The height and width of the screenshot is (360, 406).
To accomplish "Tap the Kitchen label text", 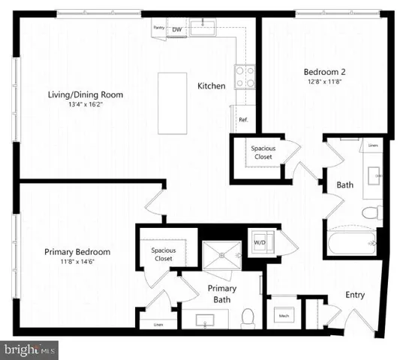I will pyautogui.click(x=211, y=86).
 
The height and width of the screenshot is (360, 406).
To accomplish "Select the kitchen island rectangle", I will pyautogui.click(x=172, y=103).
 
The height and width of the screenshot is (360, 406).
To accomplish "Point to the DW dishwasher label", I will pyautogui.click(x=177, y=29).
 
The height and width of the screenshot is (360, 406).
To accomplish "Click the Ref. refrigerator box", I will pyautogui.click(x=244, y=120).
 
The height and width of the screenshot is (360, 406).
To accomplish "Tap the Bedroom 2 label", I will pyautogui.click(x=324, y=72).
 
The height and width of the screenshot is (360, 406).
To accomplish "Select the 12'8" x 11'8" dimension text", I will pyautogui.click(x=324, y=82).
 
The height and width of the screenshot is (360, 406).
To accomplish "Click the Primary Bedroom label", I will pyautogui.click(x=77, y=252).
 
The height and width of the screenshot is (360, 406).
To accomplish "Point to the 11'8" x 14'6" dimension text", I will pyautogui.click(x=77, y=262).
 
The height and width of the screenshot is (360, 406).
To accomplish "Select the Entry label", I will pyautogui.click(x=355, y=295).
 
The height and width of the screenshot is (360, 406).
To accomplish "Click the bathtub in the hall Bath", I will pyautogui.click(x=352, y=244).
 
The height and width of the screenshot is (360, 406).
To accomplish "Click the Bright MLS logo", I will pyautogui.click(x=30, y=349).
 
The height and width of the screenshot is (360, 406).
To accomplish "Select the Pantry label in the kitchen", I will pyautogui.click(x=158, y=27).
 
